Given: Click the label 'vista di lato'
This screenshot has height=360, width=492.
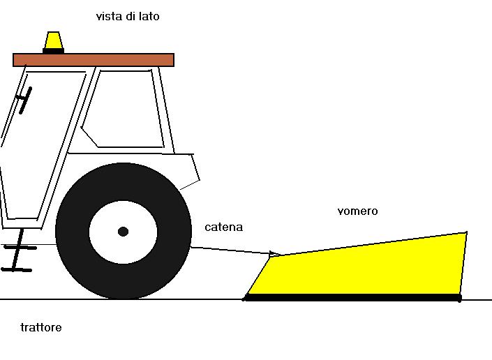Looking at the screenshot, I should (x=128, y=16).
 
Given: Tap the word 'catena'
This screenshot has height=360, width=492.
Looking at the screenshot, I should (x=224, y=227).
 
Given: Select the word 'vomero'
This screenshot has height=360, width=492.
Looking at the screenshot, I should (x=357, y=211).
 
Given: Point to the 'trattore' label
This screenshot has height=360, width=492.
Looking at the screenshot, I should (x=41, y=327).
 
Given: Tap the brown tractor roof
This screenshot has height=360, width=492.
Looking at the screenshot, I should (x=94, y=59).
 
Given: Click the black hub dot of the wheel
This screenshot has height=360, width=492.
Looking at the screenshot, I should (x=124, y=231).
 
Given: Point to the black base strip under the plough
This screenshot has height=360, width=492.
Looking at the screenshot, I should (x=352, y=298).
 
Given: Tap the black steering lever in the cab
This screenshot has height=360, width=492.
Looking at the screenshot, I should (x=24, y=100).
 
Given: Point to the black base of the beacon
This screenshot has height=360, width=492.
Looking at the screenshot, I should (x=54, y=50).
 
